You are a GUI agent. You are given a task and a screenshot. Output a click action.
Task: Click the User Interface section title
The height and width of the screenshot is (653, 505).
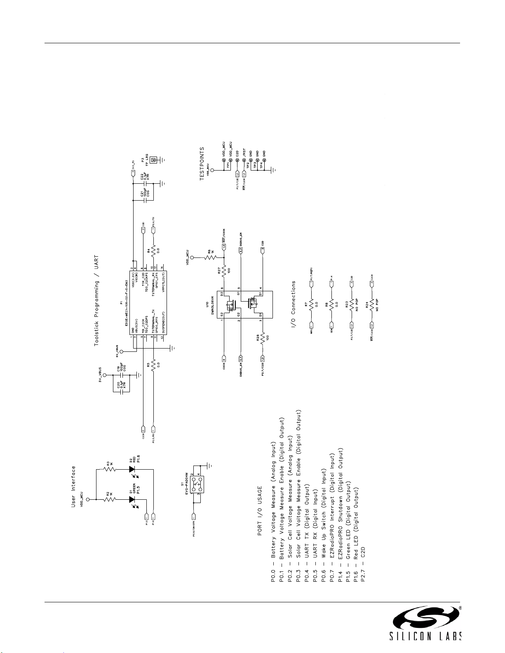point(74,487)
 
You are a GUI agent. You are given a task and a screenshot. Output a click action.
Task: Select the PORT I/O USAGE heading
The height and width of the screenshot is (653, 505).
point(260,511)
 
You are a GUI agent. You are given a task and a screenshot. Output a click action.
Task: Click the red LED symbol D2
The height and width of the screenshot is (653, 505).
point(132,468)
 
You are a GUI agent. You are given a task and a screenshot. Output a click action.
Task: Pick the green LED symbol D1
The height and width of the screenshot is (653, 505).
point(132,499)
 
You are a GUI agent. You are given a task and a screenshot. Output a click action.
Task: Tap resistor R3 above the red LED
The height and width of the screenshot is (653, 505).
point(110,468)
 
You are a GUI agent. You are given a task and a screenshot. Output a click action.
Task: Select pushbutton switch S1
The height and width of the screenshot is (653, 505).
point(195,486)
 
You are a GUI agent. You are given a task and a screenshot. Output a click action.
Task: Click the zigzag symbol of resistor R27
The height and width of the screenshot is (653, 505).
point(224,271)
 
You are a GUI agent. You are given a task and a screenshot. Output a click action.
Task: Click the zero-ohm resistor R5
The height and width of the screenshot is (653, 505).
point(153,365)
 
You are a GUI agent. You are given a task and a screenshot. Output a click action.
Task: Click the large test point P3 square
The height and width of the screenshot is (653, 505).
point(154,160)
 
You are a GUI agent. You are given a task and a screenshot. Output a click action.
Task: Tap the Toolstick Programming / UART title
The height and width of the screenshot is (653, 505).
point(96,301)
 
